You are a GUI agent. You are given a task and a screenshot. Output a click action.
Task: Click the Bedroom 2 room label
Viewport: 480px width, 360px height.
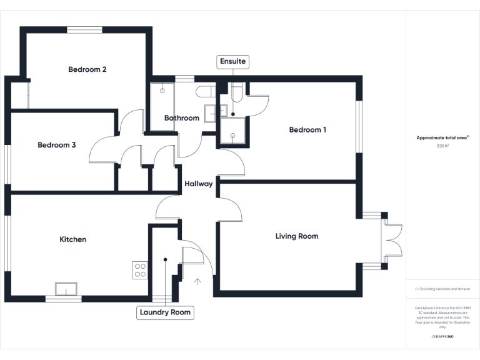tap(87, 69)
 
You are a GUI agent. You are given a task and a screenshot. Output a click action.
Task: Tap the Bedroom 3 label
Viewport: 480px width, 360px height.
tap(57, 145)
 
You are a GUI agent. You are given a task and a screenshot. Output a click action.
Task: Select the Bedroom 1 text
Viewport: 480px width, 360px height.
tap(307, 130)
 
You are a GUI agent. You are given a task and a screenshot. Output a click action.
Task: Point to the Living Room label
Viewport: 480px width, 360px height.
tap(297, 236)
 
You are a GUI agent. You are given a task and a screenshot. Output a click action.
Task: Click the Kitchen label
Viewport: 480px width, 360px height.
tap(72, 239)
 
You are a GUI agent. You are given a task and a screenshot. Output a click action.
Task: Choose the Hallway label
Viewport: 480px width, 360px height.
tap(198, 184)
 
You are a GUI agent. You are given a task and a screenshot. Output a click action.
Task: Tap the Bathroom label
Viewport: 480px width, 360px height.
tap(182, 118)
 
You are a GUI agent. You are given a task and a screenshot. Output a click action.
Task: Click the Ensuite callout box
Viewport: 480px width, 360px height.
tap(233, 61)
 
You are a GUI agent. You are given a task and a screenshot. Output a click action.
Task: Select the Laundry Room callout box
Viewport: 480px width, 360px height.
tap(165, 312)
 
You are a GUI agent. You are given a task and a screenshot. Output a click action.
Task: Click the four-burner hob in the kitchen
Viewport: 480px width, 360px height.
tap(141, 269)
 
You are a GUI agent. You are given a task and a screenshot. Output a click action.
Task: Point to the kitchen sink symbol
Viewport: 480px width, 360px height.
tap(66, 288)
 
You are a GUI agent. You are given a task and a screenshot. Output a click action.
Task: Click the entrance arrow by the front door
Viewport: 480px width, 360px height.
tap(198, 281)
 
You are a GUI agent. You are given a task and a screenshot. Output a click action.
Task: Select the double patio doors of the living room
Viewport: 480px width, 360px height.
tap(391, 241)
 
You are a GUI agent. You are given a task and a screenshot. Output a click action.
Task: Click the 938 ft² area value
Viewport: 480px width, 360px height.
tap(442, 146)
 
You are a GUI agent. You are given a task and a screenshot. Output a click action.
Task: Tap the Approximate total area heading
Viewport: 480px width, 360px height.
tap(442, 137)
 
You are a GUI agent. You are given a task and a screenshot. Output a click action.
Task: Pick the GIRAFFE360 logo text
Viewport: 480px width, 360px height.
tap(442, 336)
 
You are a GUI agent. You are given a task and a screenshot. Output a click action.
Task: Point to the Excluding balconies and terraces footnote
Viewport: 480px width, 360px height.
tap(442, 289)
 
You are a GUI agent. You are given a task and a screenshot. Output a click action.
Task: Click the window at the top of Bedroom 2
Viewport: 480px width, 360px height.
tap(85, 29)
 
